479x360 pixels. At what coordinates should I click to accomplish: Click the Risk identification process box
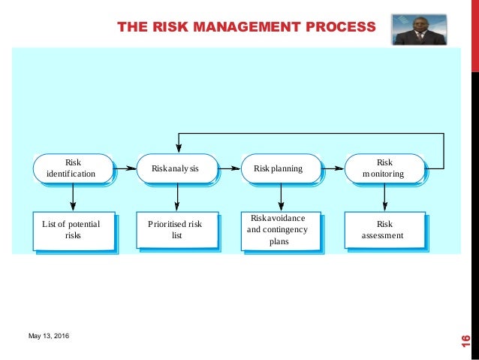[x=73, y=168]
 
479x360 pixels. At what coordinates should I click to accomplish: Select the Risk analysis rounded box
[x=176, y=168]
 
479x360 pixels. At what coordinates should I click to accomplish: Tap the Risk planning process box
[x=280, y=168]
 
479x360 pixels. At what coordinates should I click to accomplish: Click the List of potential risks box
[x=73, y=229]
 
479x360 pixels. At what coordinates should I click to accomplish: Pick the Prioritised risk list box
[x=176, y=229]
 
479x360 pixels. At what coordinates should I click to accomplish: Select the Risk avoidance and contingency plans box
[x=279, y=229]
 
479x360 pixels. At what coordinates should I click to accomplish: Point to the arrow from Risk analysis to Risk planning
[x=228, y=168]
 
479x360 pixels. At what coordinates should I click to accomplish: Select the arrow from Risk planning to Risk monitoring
[x=332, y=168]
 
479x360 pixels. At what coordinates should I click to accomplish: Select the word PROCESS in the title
[x=338, y=29]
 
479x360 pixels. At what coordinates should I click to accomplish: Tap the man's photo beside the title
[x=419, y=29]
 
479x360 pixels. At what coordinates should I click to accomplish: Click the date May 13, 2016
[x=47, y=334]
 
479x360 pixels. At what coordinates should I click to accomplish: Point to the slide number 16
[x=465, y=340]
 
